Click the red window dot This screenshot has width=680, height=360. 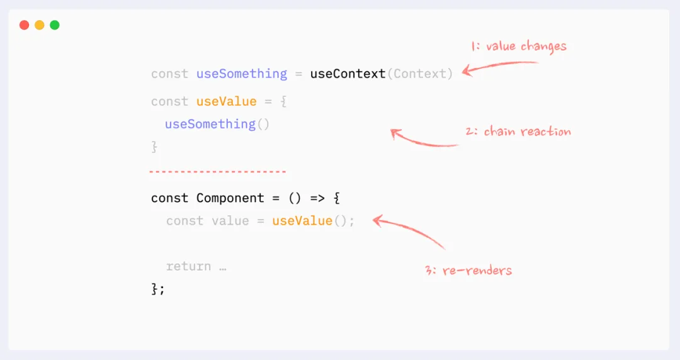pos(25,25)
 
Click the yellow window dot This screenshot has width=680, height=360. pos(40,25)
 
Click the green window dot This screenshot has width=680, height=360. pos(55,25)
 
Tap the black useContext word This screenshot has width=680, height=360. pos(348,74)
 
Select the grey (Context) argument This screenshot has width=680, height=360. pos(419,74)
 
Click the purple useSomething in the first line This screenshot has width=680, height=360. pos(242,74)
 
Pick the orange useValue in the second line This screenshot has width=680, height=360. pos(227,101)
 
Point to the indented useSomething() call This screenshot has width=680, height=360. pos(217,124)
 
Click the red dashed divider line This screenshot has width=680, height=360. pos(218,171)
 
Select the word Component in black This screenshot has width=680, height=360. pos(230,198)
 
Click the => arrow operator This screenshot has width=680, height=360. pos(317,198)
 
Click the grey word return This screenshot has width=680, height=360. pos(188,266)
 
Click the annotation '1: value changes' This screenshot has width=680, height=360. pos(518,46)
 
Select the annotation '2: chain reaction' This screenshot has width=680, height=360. pos(518,132)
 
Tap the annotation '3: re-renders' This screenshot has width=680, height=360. pos(468,271)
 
